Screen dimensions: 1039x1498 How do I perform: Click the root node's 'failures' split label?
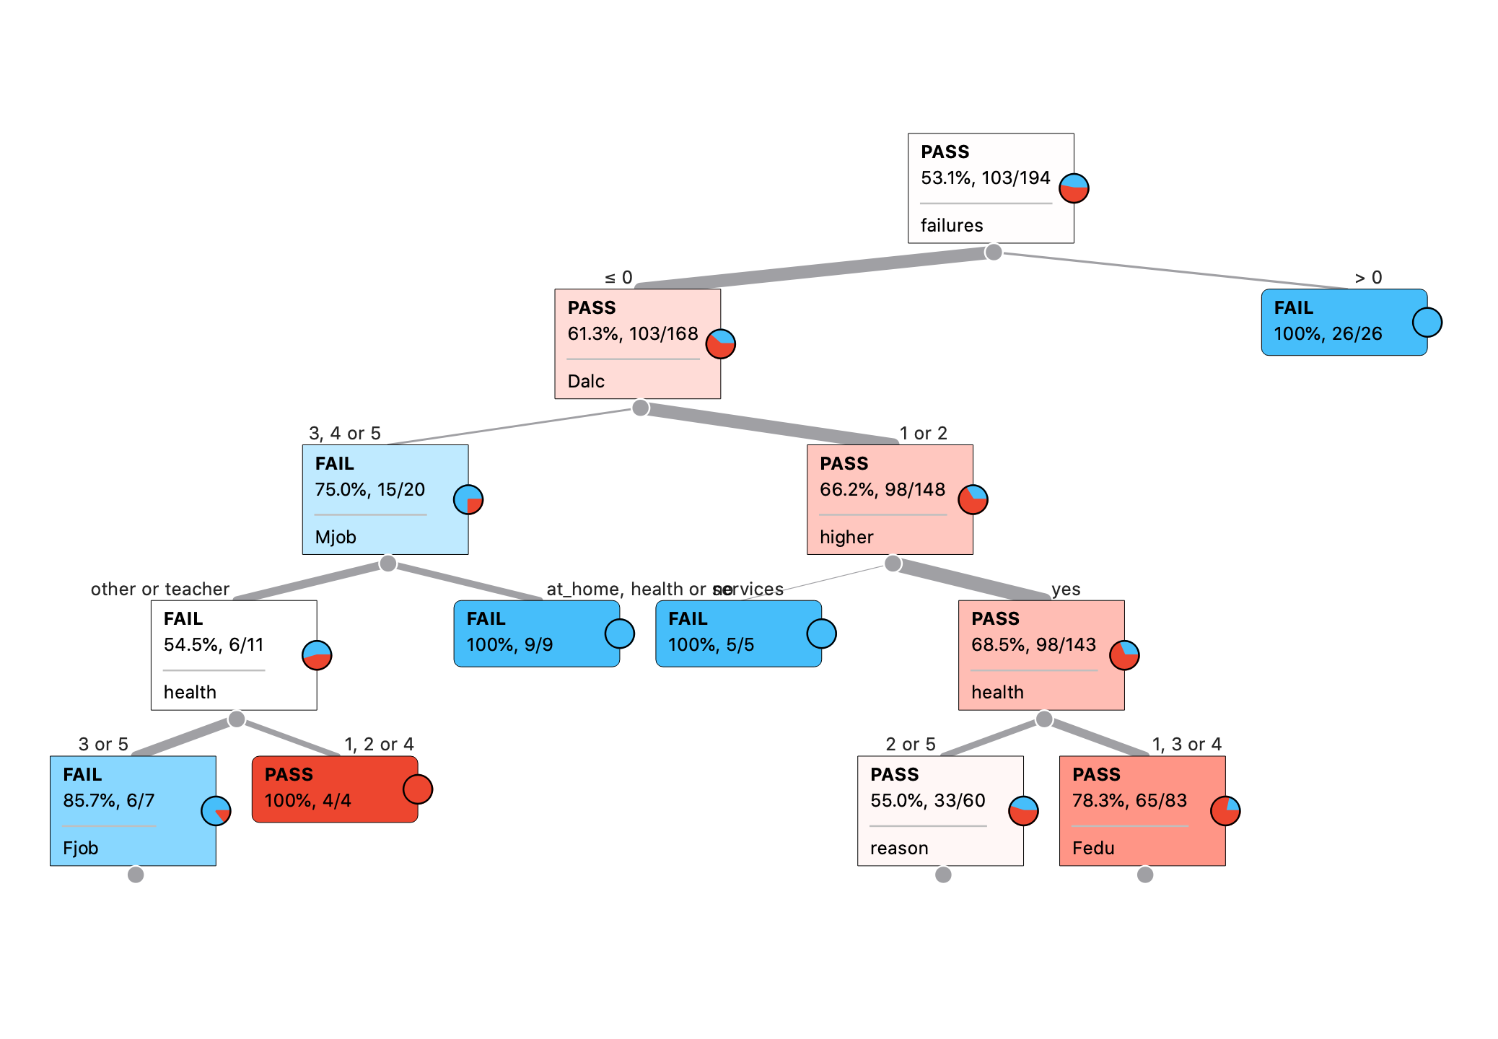(951, 226)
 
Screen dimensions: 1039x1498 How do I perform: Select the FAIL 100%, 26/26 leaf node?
(1344, 322)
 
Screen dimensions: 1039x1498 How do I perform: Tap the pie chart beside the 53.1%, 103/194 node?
(1074, 188)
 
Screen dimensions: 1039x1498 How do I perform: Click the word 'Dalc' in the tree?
(586, 382)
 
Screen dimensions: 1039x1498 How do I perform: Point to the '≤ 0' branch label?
(618, 278)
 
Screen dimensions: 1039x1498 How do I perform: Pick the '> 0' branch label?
(1368, 278)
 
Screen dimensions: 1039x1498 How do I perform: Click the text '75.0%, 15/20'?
(369, 490)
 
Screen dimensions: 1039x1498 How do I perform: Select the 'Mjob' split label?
(336, 538)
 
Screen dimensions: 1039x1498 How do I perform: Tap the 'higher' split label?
(846, 538)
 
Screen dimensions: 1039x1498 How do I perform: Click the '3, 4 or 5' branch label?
(344, 434)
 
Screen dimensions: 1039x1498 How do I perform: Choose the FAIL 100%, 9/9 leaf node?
(536, 634)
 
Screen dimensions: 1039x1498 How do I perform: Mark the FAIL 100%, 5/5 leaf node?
(738, 634)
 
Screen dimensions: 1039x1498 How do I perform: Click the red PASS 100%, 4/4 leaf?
(335, 789)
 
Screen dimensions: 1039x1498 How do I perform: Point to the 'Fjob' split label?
(80, 849)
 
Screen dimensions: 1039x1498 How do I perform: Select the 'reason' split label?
(899, 849)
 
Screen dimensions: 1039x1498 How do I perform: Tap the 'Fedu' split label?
(1093, 849)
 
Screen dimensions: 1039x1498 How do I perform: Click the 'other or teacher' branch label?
(159, 589)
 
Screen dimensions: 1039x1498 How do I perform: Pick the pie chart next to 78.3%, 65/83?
(1225, 811)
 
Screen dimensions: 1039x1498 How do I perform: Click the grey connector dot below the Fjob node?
(136, 874)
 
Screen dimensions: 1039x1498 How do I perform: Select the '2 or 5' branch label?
(910, 745)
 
